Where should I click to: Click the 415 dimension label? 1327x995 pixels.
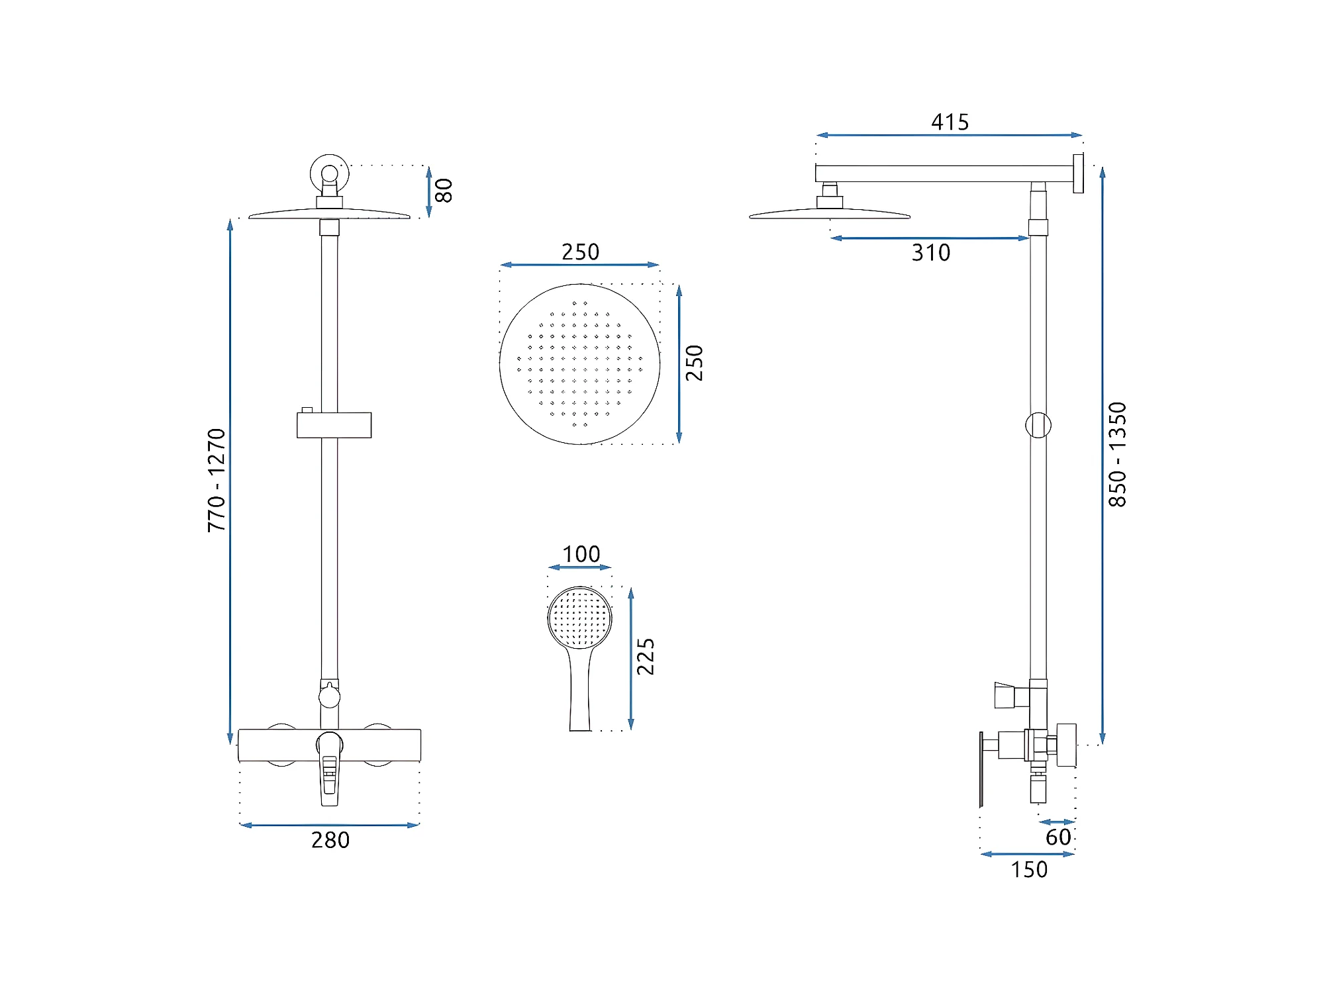950,122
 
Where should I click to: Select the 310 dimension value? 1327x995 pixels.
931,252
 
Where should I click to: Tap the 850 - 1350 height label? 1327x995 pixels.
1117,455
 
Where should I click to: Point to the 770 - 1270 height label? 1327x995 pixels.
217,480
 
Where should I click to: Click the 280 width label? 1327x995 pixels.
330,839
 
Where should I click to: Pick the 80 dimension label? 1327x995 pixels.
444,191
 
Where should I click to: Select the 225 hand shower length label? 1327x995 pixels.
646,657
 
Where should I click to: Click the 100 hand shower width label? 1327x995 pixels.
581,554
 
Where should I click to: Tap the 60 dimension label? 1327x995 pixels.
1058,837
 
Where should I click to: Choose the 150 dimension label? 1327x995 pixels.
1029,869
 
